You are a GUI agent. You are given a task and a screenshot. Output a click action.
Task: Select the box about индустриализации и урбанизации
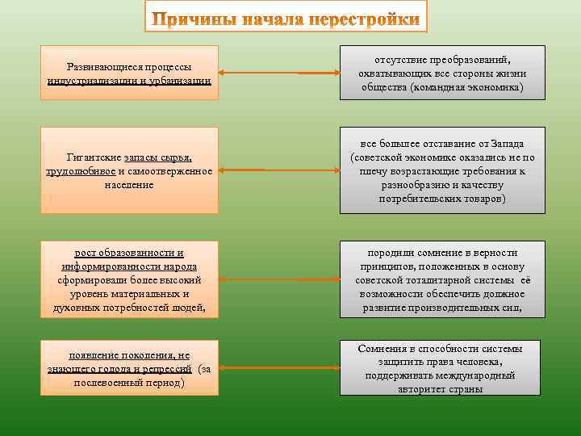point(131,73)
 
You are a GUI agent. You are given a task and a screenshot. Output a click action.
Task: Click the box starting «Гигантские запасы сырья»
point(131,170)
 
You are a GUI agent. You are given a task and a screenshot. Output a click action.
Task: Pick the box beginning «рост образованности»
point(131,279)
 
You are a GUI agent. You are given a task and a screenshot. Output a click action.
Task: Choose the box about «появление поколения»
point(131,367)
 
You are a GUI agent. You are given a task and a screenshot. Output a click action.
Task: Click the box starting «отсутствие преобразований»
point(442,73)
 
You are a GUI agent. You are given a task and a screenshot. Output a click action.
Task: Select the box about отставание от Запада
point(442,170)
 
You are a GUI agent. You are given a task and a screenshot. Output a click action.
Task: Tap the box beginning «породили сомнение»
point(442,279)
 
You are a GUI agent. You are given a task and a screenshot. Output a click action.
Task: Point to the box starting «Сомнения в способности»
point(442,367)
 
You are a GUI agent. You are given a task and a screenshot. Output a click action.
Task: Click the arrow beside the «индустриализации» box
point(278,73)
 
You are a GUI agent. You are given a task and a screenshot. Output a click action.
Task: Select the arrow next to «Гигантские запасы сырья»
point(278,170)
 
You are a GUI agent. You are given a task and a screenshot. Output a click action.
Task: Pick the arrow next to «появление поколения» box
point(278,367)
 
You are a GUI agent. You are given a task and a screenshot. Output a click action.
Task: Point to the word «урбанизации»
point(180,81)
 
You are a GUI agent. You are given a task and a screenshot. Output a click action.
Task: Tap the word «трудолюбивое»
point(82,171)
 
